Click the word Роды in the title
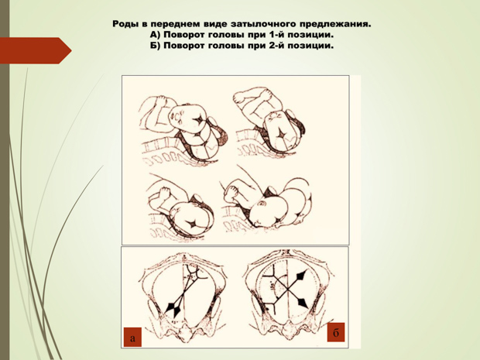125,24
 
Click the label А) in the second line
155,35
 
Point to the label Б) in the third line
155,46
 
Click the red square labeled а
132,338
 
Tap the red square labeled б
336,332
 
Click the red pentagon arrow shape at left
34,50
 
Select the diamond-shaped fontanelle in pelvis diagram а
173,309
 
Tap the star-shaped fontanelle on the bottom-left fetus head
194,225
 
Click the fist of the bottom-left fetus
163,194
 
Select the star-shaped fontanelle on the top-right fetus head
281,133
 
